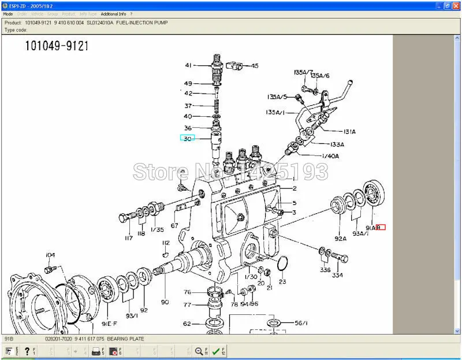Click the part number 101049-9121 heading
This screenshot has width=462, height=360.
click(57, 46)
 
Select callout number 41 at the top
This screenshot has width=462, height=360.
click(188, 65)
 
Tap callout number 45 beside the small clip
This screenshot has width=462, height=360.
click(255, 65)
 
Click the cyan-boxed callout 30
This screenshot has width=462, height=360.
click(188, 138)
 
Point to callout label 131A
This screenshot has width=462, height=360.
click(350, 132)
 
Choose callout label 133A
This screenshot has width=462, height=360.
click(337, 144)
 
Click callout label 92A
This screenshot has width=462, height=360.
click(340, 238)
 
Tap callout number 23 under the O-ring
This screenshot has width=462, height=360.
click(282, 281)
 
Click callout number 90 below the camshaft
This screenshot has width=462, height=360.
click(165, 302)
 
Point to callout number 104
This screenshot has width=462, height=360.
click(50, 254)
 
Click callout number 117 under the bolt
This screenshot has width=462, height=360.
click(128, 238)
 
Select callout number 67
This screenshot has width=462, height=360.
click(174, 225)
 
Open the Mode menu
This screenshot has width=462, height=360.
click(8, 13)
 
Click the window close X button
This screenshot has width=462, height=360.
click(456, 4)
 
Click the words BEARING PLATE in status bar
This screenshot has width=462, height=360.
click(125, 339)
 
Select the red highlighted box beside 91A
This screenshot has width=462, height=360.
click(381, 227)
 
